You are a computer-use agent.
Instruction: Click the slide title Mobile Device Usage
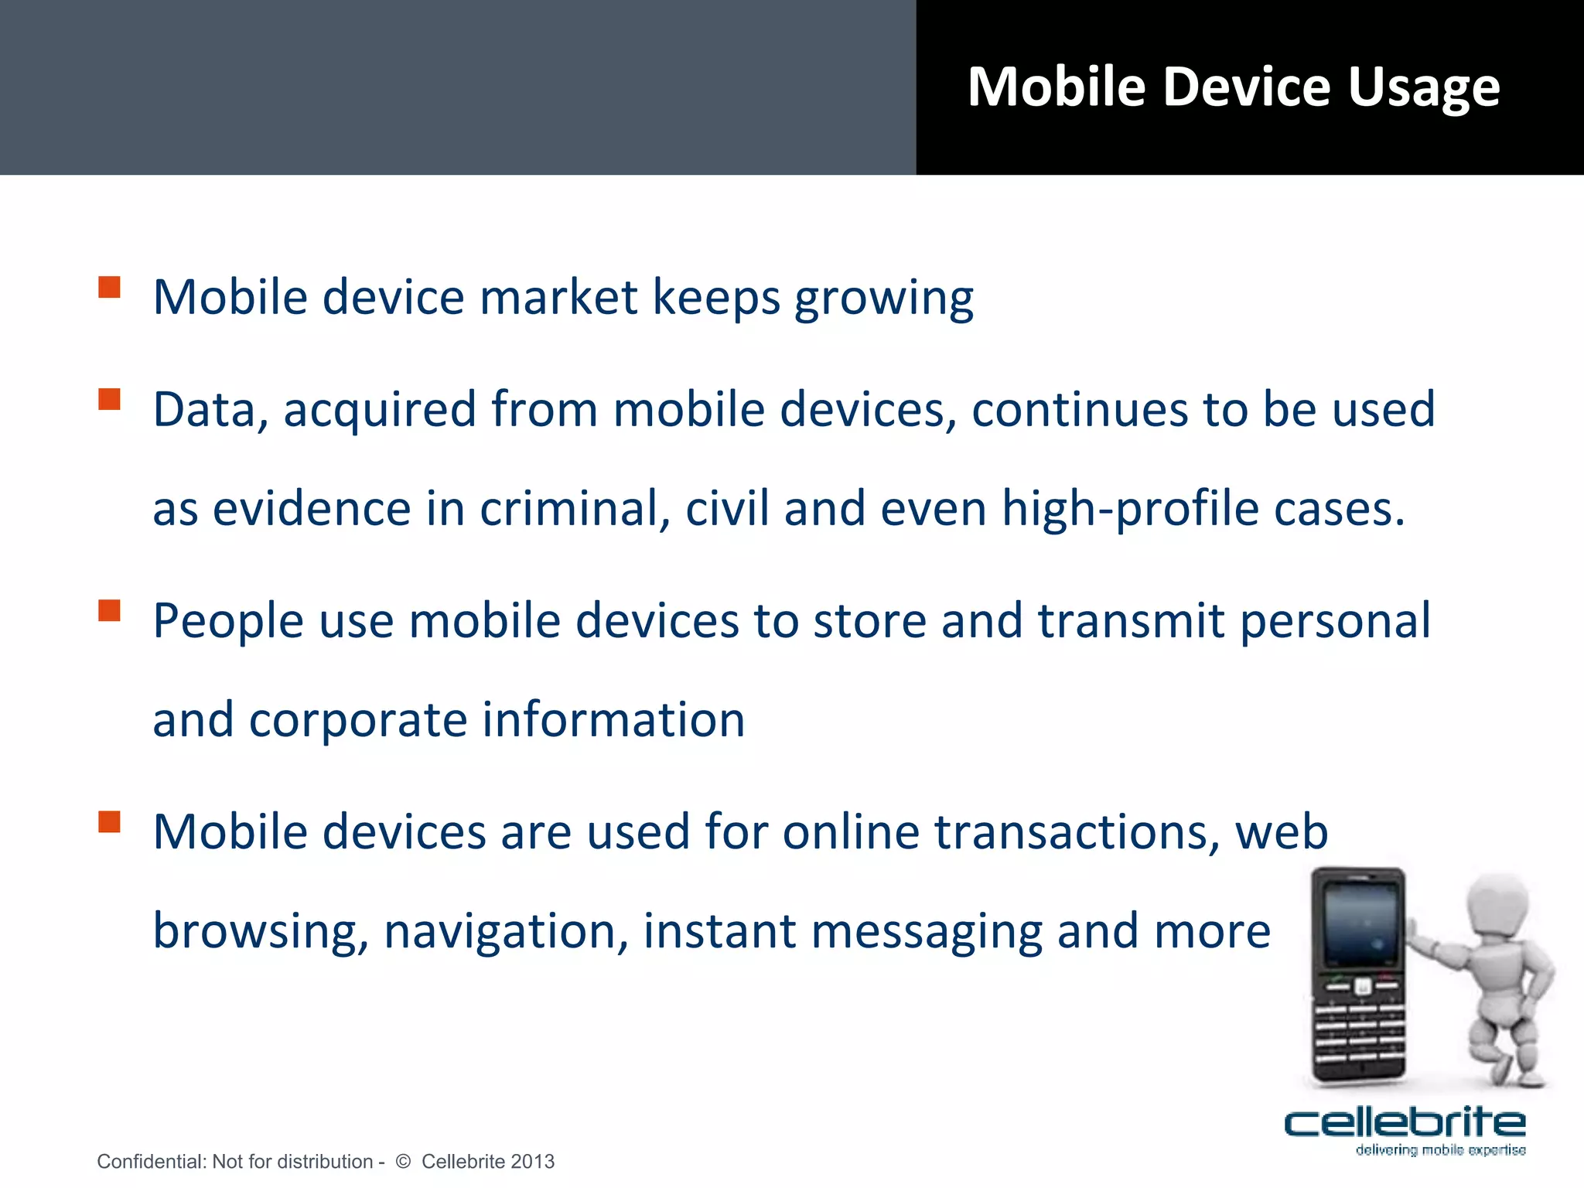(1233, 87)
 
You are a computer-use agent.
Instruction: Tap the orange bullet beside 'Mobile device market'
(110, 288)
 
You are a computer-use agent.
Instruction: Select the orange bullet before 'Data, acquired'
(110, 399)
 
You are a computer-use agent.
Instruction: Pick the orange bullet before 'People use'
(110, 611)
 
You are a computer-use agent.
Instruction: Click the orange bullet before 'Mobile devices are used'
(110, 821)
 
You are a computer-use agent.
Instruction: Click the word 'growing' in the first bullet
(884, 300)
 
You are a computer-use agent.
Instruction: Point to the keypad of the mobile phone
(1360, 1033)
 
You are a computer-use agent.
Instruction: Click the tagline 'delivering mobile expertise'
(1440, 1150)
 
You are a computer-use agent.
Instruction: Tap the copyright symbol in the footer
(403, 1161)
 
